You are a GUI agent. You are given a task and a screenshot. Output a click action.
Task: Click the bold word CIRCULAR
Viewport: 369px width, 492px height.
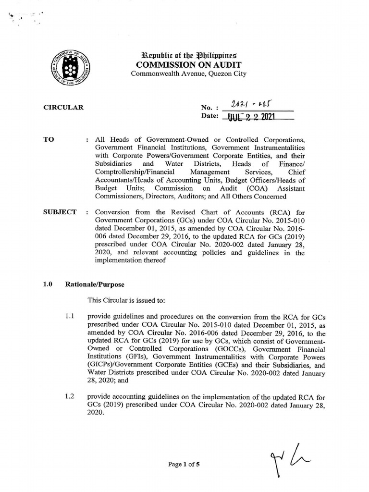pyautogui.click(x=63, y=107)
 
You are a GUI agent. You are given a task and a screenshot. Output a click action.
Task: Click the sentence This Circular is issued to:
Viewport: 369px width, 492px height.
pyautogui.click(x=126, y=300)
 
